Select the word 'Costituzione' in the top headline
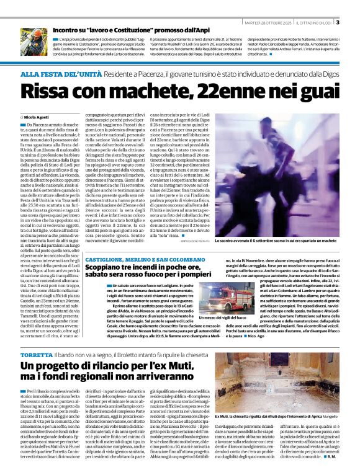[x=134, y=29]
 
